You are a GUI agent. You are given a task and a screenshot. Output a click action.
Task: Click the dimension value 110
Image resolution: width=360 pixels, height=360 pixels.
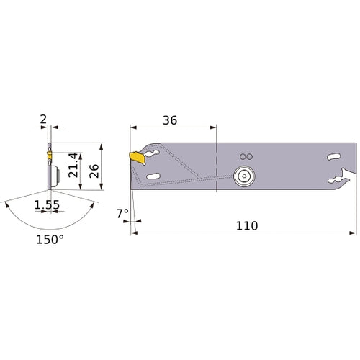pos(246,225)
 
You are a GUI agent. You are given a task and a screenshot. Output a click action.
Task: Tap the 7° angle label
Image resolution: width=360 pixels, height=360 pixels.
pos(123,214)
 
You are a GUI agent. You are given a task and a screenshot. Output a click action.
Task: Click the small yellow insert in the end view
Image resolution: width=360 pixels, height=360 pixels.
pos(49,153)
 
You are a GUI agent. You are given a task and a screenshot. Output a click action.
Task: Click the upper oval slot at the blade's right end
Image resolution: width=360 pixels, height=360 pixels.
pos(332,157)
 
